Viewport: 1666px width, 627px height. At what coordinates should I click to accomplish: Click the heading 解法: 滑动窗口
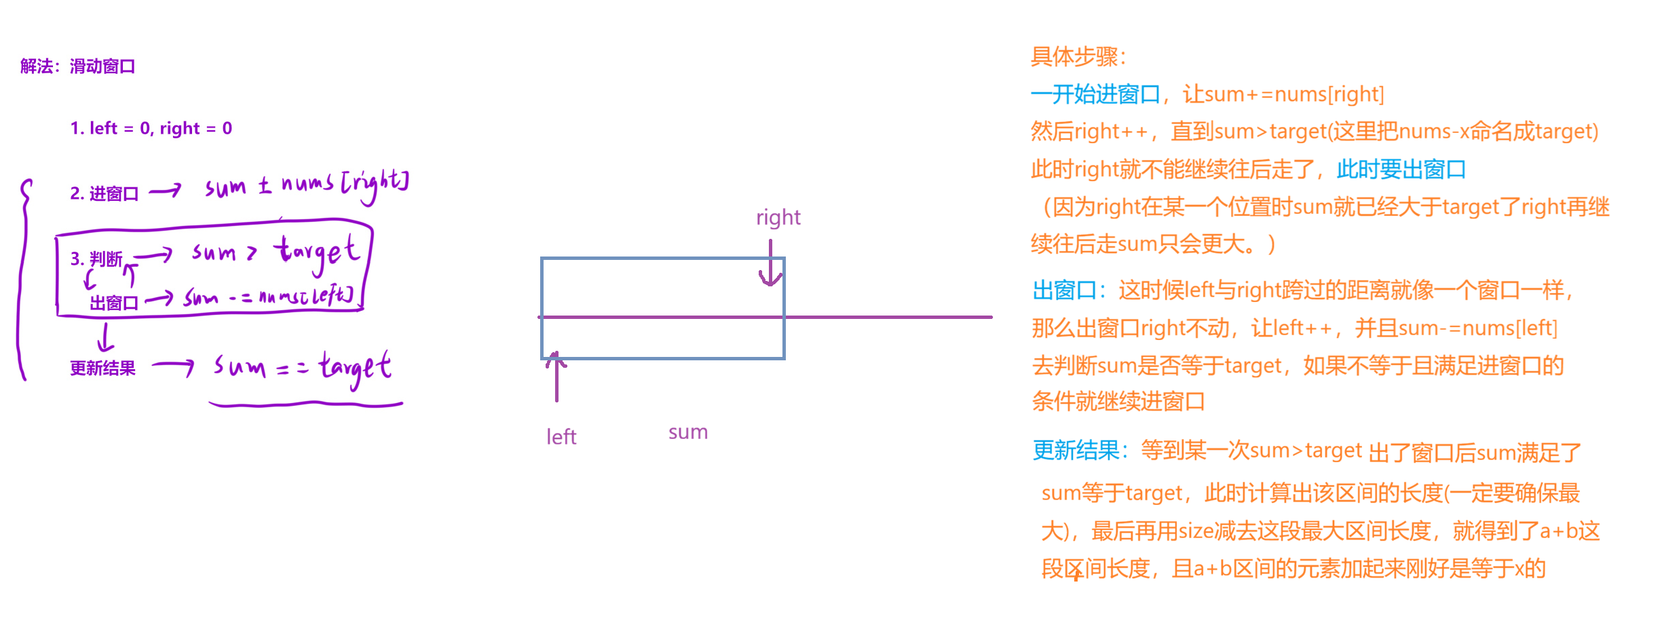(78, 66)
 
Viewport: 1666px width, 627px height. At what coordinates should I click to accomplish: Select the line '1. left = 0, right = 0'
(151, 128)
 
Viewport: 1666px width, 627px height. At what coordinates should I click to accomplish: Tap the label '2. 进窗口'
(104, 194)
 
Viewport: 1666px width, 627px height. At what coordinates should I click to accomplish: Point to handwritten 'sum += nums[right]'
(307, 185)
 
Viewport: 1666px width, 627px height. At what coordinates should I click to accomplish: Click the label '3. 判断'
(96, 259)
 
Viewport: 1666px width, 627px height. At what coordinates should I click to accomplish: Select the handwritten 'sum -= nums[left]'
(268, 297)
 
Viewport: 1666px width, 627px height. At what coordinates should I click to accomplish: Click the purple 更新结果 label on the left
(102, 368)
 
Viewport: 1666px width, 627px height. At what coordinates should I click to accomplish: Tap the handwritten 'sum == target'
(302, 367)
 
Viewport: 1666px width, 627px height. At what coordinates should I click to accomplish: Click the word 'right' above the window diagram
(778, 217)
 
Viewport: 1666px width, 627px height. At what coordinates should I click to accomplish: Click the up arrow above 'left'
(556, 377)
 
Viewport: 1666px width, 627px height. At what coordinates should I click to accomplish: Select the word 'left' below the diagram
(561, 437)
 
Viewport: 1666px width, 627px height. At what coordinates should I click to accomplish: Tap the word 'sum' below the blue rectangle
(687, 432)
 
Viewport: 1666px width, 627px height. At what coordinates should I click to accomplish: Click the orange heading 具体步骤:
(1078, 56)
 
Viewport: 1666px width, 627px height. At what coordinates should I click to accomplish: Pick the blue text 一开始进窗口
(1095, 94)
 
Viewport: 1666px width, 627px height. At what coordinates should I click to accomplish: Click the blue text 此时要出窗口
(1401, 169)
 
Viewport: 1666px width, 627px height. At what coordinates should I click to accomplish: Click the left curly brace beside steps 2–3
(24, 278)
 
